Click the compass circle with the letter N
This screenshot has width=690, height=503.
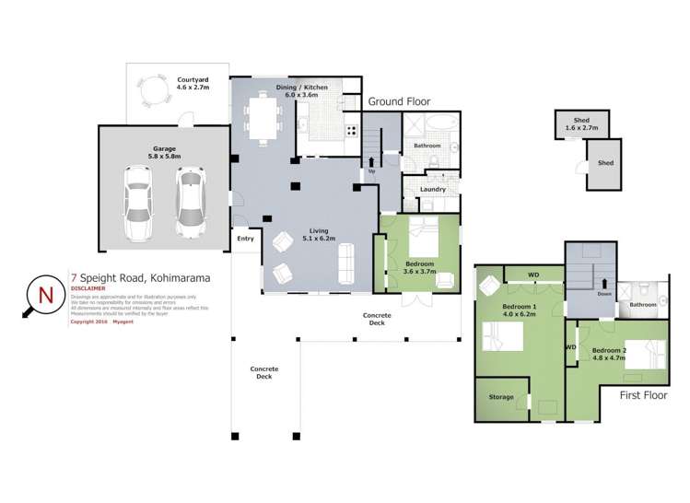click(44, 296)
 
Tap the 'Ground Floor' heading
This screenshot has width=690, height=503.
click(399, 101)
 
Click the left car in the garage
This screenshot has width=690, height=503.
click(138, 200)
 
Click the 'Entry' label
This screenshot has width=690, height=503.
click(245, 239)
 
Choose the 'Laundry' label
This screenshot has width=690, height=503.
click(432, 190)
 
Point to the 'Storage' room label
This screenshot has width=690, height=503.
click(501, 397)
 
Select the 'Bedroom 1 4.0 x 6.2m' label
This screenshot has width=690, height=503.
click(520, 309)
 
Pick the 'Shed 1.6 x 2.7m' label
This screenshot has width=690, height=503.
click(580, 124)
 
